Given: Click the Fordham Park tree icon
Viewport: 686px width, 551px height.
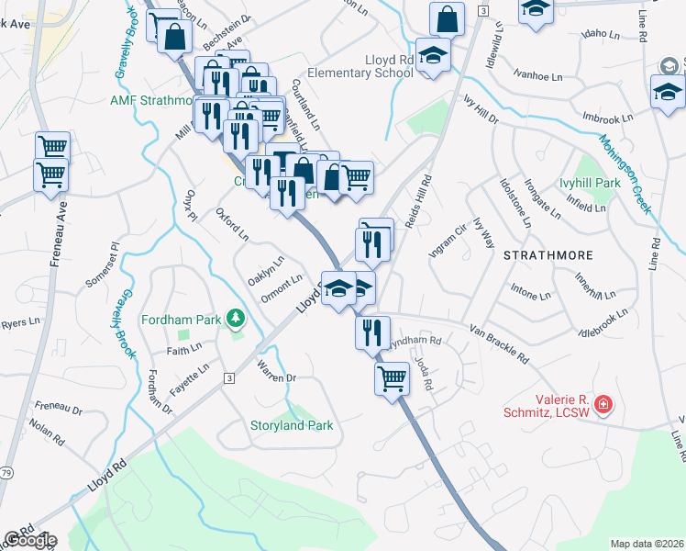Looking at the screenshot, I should [x=238, y=319].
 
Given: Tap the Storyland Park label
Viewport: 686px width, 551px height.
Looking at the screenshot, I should [x=292, y=425].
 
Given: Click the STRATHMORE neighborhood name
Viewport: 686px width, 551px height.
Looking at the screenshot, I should [x=548, y=254].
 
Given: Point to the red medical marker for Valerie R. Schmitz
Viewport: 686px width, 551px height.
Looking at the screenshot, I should [x=603, y=402].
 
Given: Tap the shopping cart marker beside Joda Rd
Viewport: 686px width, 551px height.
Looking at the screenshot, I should [x=393, y=377].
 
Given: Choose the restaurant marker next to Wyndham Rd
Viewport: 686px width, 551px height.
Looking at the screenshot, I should [x=372, y=332].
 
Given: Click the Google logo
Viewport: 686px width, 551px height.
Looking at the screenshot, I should [x=29, y=539].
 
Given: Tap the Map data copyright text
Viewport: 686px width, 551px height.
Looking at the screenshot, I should [x=647, y=544].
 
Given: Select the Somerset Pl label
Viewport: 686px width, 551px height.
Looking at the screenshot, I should [x=115, y=262].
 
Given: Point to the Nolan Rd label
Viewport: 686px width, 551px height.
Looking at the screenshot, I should [x=43, y=431].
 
